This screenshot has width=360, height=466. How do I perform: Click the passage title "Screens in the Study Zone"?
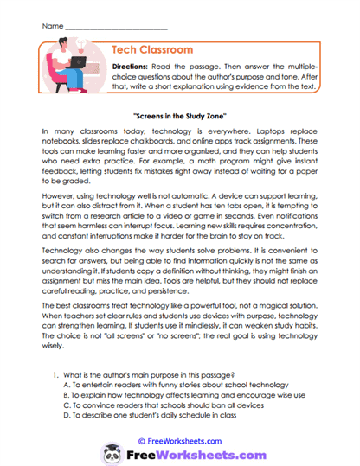(179, 114)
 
